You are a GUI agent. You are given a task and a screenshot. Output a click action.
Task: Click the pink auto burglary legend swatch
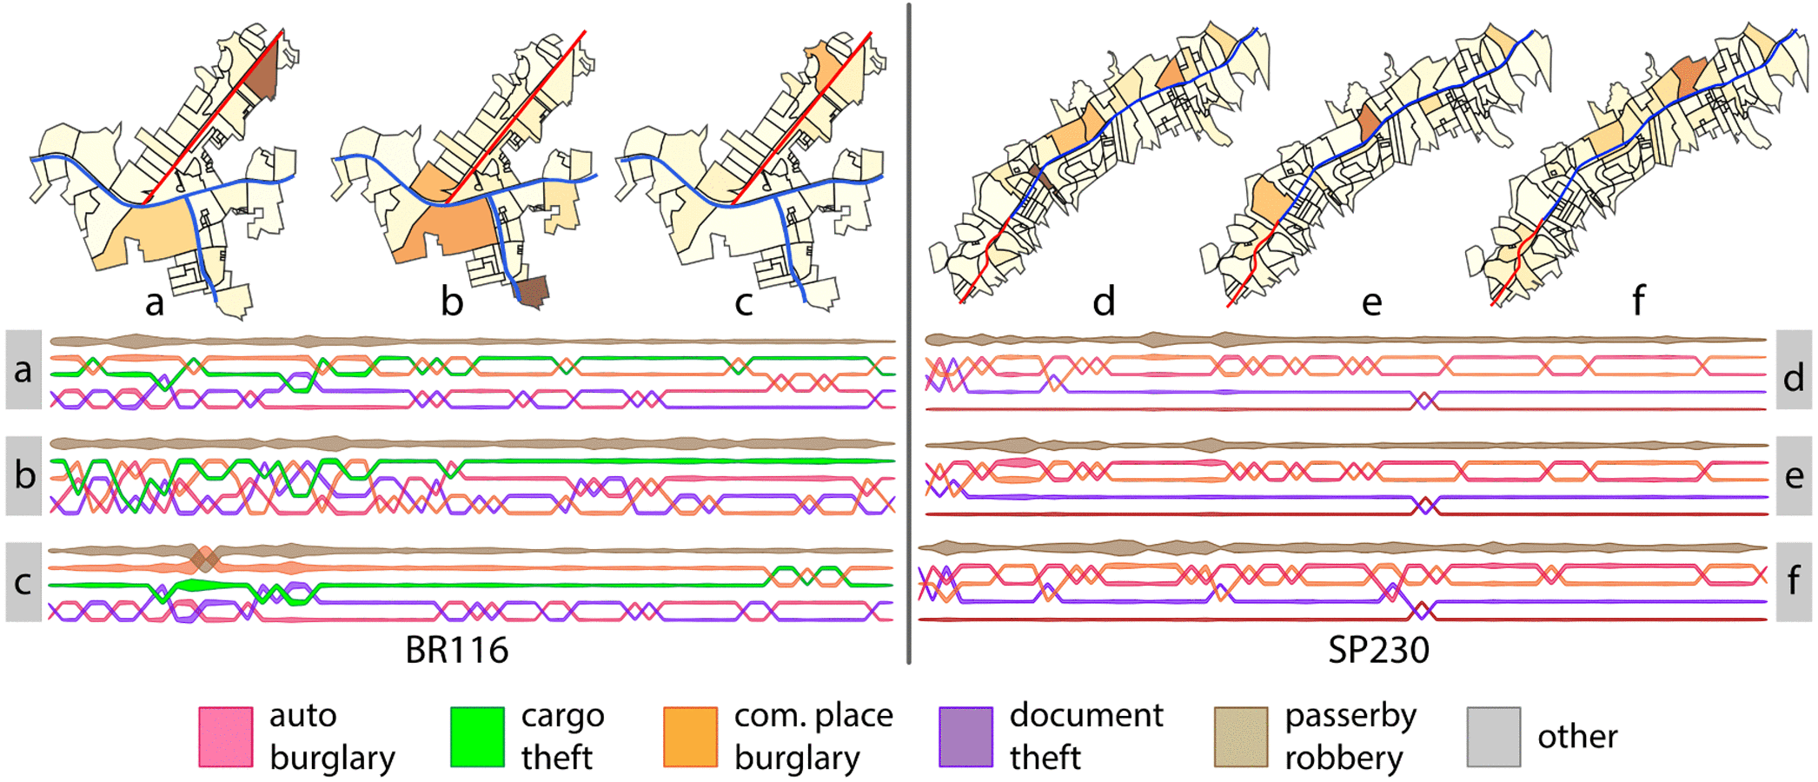226,737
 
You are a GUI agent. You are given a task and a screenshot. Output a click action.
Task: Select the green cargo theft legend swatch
477,737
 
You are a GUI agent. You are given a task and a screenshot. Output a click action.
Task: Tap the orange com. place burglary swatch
690,737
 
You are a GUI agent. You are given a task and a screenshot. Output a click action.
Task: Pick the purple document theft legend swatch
965,737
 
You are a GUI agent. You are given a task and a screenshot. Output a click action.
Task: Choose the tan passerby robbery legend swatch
1241,737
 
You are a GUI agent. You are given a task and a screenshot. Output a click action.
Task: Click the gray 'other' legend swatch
1494,737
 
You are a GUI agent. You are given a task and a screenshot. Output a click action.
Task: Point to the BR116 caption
456,650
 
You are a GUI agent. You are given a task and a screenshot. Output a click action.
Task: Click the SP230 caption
1378,650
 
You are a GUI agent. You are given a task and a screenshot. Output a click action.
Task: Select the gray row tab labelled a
23,369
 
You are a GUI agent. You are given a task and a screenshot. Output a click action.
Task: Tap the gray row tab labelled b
23,475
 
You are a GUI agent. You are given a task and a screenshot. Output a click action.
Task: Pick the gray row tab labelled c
23,582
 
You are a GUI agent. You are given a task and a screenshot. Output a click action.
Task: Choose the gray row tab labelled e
1794,475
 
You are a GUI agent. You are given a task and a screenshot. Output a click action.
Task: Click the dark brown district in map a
262,74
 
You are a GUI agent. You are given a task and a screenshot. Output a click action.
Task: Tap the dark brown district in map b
532,291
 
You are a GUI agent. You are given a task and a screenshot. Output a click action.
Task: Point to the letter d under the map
1104,302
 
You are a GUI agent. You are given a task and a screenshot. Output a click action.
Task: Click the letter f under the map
1638,300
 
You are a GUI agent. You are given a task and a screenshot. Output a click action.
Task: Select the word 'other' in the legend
1577,737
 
